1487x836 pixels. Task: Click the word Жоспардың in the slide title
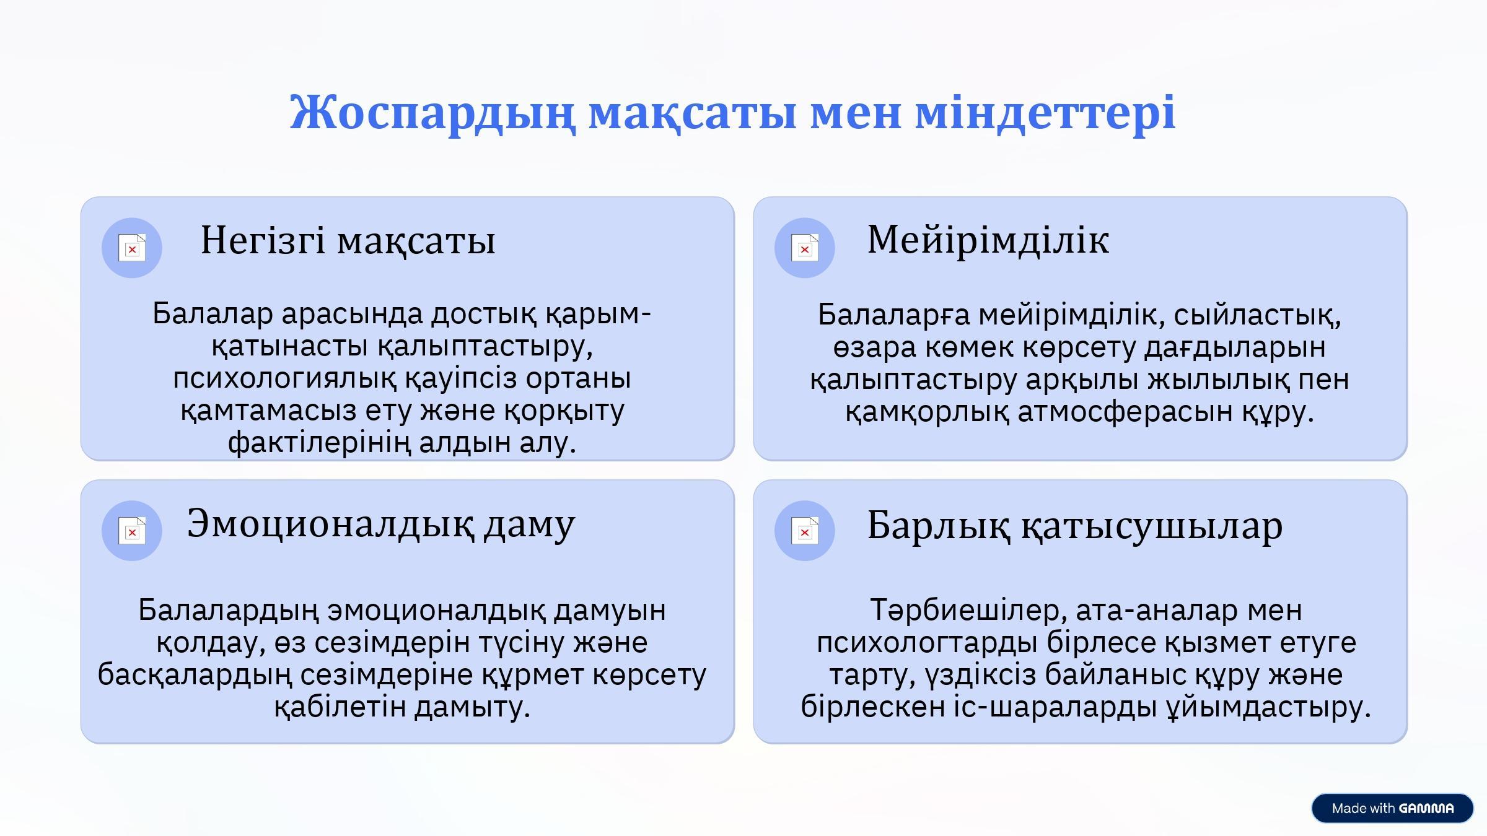click(x=432, y=113)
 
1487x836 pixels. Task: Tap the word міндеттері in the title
click(x=1045, y=113)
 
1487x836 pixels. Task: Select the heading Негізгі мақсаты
click(x=348, y=240)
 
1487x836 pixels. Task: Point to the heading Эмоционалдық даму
click(x=381, y=525)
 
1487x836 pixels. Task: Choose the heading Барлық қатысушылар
click(x=1075, y=526)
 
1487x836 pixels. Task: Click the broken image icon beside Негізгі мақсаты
click(x=132, y=248)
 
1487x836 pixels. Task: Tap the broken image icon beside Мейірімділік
click(x=805, y=248)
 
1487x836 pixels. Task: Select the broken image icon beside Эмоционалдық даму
click(x=132, y=531)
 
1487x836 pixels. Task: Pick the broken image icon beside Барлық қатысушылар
click(x=805, y=531)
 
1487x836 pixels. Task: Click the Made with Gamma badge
click(x=1392, y=808)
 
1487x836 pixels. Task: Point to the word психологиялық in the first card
click(x=284, y=378)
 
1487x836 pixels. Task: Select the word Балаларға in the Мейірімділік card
click(x=894, y=315)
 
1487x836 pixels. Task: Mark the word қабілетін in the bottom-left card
click(x=340, y=707)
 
